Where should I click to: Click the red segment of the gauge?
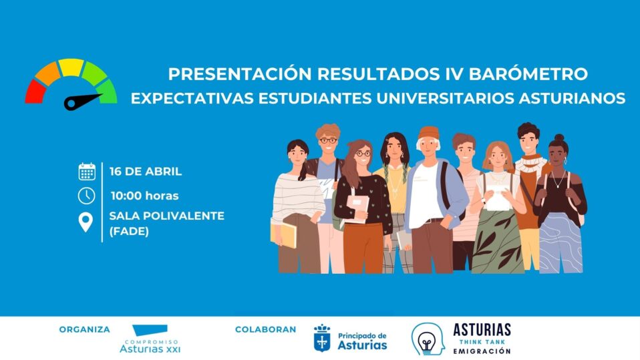tap(34, 92)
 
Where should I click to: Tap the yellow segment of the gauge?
tap(71, 67)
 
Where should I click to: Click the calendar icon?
tap(87, 172)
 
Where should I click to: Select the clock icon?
tap(87, 196)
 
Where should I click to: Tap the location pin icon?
tap(86, 222)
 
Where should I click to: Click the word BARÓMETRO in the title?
tap(528, 73)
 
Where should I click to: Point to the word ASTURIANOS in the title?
tap(572, 98)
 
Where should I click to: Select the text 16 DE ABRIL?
tap(146, 172)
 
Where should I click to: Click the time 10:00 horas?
tap(144, 196)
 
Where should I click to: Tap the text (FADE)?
tap(129, 231)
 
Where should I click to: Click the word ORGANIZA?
tap(84, 329)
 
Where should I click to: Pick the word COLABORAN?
tap(265, 329)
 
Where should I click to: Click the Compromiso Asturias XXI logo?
tap(150, 339)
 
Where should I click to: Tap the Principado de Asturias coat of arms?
tap(322, 338)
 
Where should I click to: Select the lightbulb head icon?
tap(428, 339)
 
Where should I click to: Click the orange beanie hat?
tap(429, 133)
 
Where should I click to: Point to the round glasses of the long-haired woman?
tap(363, 154)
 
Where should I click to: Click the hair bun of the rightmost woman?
tap(559, 138)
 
